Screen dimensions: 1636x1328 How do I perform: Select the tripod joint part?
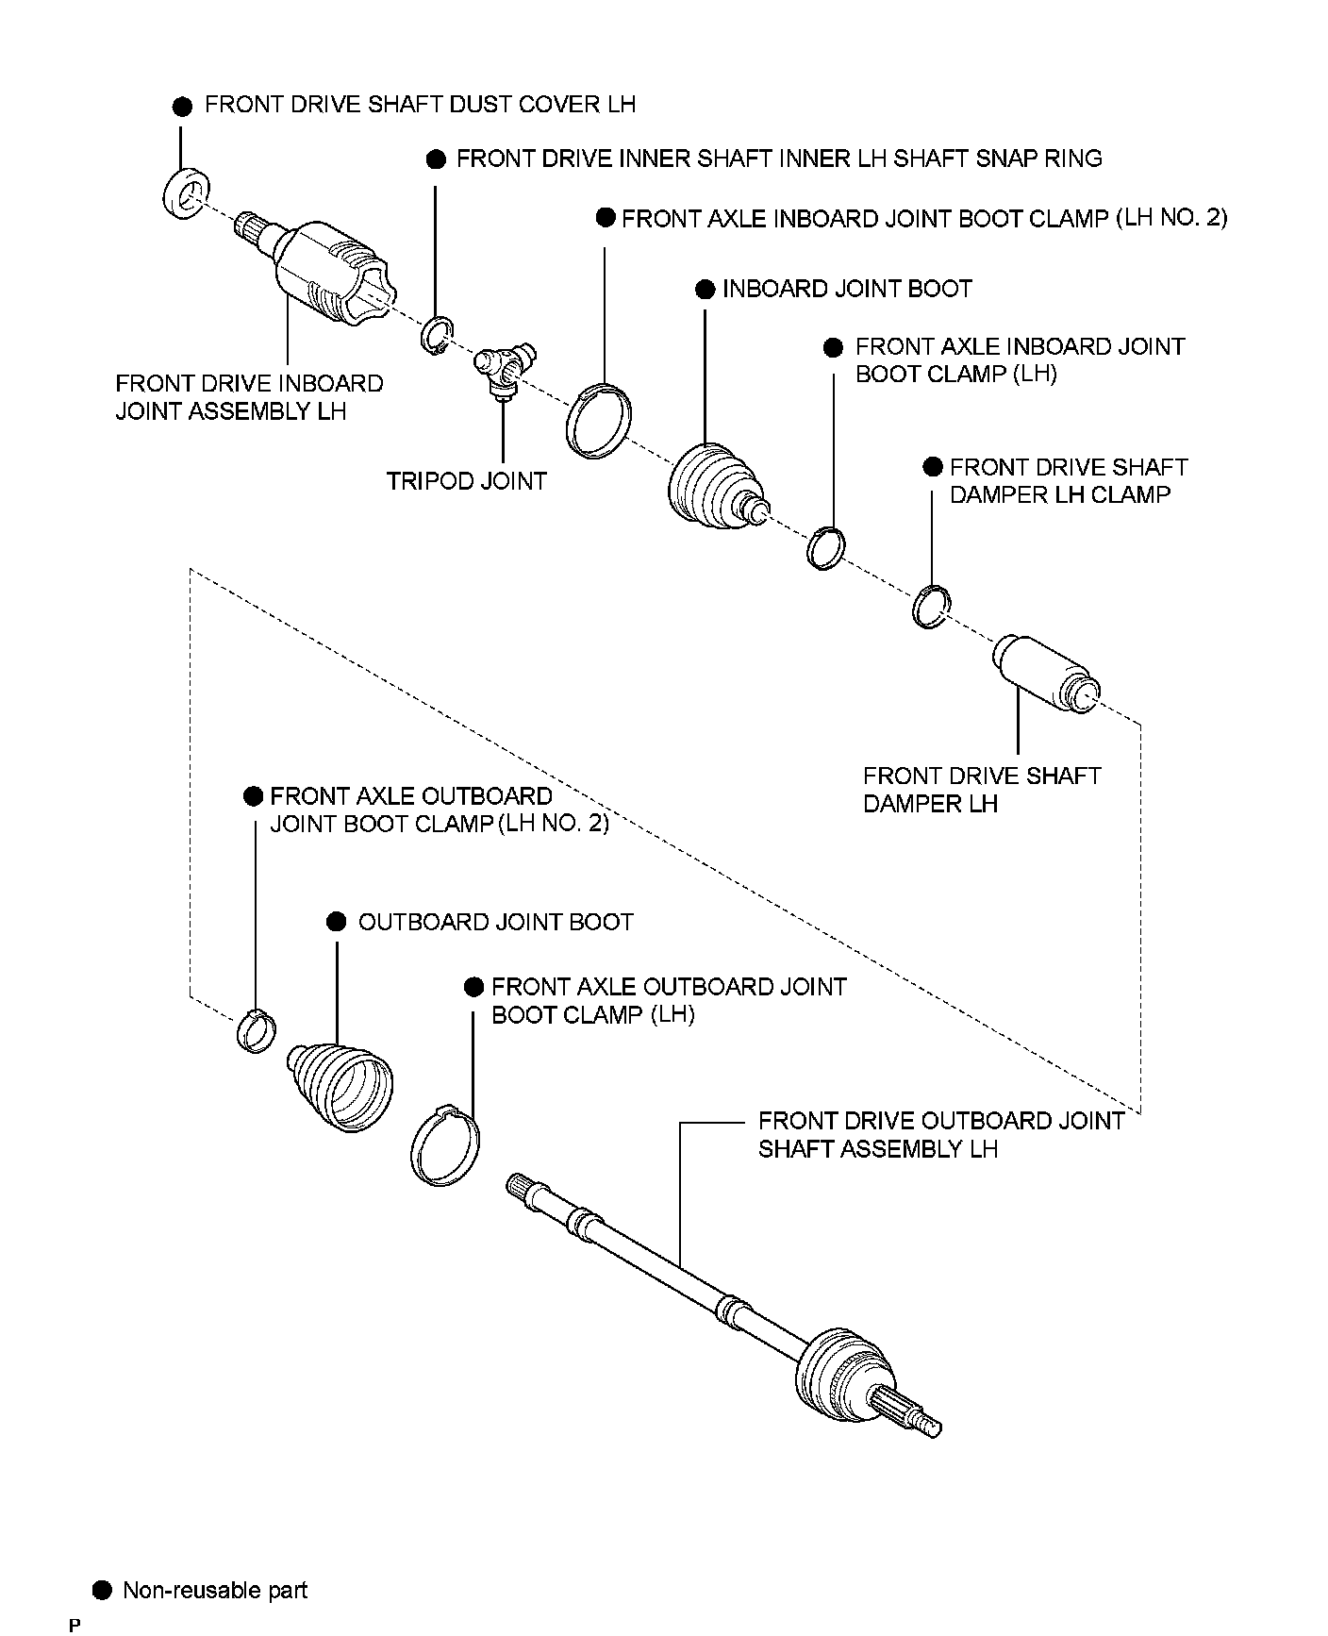504,368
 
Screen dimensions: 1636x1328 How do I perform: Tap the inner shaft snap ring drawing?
437,337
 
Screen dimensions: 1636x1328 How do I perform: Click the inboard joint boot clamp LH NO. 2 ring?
599,421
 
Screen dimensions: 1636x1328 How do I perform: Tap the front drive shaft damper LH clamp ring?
931,606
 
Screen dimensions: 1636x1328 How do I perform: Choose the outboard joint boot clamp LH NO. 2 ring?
255,1029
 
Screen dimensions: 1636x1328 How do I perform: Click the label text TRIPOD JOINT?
466,481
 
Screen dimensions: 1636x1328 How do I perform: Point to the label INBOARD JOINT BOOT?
846,289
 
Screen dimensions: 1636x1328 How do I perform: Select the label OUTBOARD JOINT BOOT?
495,922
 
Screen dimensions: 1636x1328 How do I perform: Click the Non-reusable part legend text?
215,1591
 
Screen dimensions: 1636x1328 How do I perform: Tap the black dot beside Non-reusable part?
103,1591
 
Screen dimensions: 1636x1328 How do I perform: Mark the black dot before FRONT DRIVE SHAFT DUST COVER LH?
183,106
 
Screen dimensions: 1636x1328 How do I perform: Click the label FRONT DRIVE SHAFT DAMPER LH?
981,790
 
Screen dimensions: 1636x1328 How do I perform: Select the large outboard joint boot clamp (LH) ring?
446,1146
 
